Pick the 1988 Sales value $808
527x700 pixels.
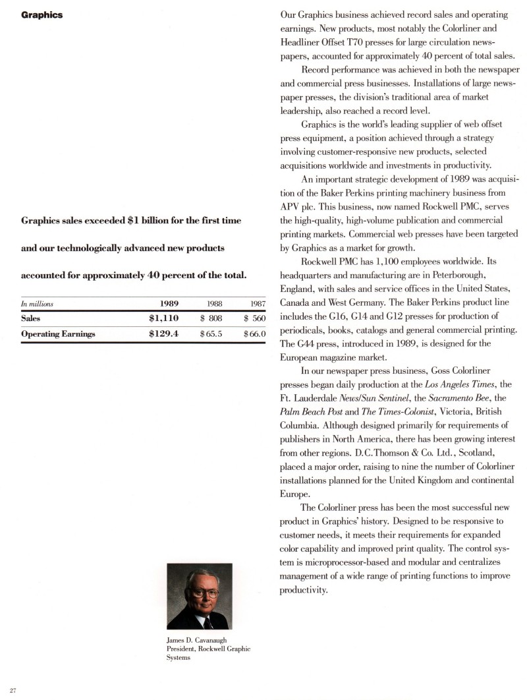coord(211,318)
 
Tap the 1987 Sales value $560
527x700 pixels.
coord(254,318)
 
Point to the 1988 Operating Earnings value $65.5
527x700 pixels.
coord(211,334)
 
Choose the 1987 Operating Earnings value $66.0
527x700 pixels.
coord(254,334)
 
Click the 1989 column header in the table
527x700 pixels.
coord(171,303)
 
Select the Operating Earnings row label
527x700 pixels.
coord(58,334)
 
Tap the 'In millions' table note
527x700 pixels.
coord(37,304)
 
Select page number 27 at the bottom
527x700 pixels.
coord(13,690)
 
